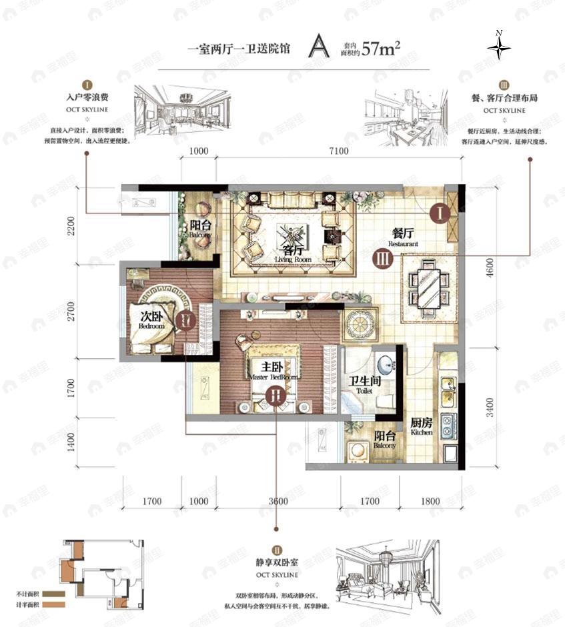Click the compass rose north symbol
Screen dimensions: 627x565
point(498,47)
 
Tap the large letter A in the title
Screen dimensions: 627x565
point(319,47)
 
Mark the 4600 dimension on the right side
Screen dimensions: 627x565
point(490,267)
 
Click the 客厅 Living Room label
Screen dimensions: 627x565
point(289,254)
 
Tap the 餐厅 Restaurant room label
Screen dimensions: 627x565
point(404,237)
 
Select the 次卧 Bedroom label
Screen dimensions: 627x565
point(151,321)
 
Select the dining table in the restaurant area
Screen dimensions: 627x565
point(429,290)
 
